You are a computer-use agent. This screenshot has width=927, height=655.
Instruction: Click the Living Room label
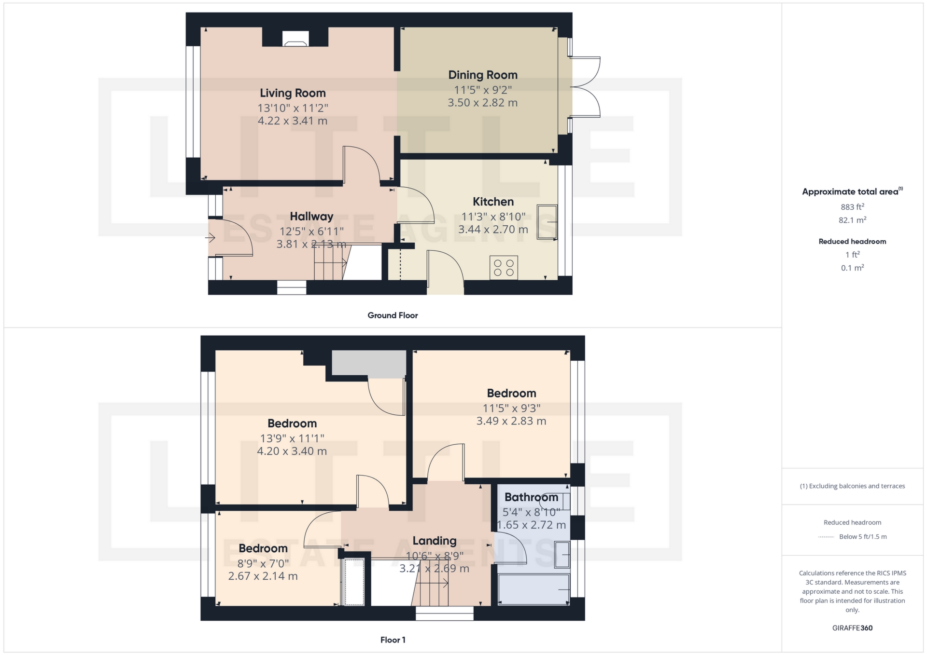click(293, 93)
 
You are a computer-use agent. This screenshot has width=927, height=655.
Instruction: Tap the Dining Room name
click(483, 75)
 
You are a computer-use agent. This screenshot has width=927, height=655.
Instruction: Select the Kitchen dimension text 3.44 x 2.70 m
click(493, 230)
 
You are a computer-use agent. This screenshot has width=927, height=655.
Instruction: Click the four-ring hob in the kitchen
click(504, 268)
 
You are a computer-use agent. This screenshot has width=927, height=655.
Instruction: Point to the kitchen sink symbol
click(547, 222)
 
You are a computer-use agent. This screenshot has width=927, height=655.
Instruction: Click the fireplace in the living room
click(295, 39)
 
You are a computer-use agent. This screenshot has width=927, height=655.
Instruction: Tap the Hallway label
click(311, 216)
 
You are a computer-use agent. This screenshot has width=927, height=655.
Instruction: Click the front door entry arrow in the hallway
click(210, 238)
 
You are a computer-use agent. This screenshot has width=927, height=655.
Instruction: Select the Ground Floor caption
click(393, 315)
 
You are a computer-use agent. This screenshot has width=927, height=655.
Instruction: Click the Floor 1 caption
click(393, 640)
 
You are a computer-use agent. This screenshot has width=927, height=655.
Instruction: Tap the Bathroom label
click(531, 497)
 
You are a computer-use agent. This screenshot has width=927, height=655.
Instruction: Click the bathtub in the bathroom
click(534, 588)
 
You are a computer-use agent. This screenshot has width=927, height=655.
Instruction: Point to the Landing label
click(435, 541)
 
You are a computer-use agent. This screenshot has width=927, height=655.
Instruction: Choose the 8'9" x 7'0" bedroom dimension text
click(263, 563)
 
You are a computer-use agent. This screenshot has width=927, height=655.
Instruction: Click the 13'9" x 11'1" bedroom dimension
click(292, 438)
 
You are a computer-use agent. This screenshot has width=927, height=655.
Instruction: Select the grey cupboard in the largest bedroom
click(369, 364)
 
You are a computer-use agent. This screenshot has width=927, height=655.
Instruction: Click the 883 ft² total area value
click(852, 207)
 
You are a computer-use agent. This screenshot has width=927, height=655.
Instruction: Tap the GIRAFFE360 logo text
click(852, 628)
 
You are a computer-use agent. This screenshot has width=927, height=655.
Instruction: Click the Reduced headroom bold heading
click(852, 242)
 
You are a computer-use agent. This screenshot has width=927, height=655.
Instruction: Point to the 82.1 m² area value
click(852, 220)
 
